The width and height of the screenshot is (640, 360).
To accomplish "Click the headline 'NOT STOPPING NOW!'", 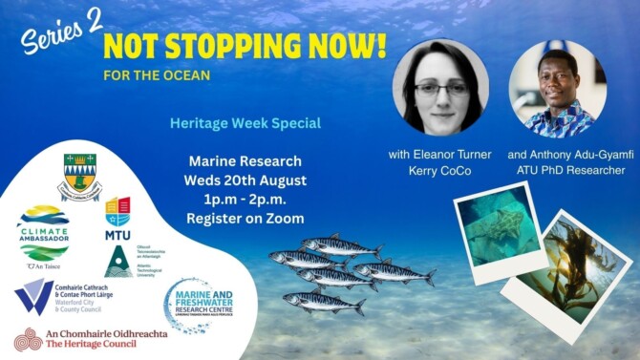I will pos(245,44).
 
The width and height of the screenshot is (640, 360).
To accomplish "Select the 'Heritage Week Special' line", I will pos(245,124).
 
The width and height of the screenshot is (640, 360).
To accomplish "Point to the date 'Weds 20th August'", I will pos(245,179).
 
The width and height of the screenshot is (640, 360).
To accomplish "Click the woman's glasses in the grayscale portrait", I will pos(441,89).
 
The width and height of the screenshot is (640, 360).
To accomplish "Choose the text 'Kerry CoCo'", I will pos(442,171).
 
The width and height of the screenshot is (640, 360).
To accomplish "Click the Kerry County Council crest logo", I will pos(79,176).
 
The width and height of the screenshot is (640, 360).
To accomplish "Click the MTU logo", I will pos(117,216).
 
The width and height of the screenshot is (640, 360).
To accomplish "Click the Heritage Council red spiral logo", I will pos(28,339).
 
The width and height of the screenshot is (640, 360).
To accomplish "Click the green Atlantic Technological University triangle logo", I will pos(117,261).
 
